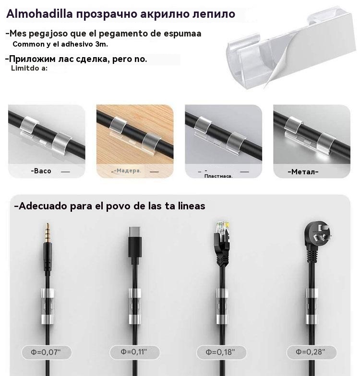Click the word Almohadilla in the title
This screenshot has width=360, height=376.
[39, 13]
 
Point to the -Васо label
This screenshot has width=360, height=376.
[41, 171]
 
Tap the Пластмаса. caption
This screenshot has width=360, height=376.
[218, 176]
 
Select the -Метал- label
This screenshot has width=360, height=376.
[303, 172]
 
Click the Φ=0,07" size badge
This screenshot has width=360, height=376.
[47, 352]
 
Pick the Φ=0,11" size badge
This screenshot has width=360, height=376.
[134, 352]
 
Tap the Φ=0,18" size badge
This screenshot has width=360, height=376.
[221, 352]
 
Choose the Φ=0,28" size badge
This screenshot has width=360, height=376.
[312, 352]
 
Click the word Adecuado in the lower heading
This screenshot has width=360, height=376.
[43, 206]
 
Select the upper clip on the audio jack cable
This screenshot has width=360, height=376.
[48, 293]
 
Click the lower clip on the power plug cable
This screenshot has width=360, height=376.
[312, 319]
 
